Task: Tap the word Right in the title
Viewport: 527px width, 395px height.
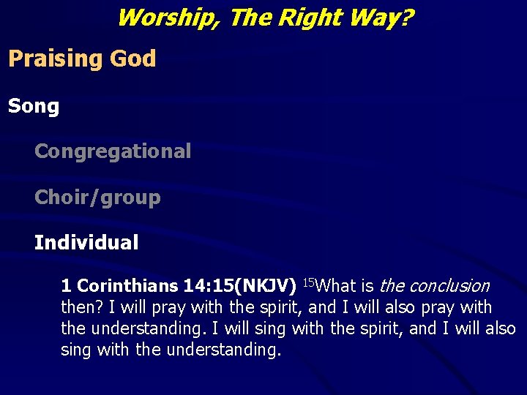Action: (x=307, y=17)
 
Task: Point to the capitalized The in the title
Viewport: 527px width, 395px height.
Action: (x=250, y=17)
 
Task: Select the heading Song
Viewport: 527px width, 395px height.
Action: (x=34, y=107)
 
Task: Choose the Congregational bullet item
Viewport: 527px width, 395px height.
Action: (x=113, y=152)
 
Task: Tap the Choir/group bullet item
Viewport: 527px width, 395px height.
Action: (x=97, y=197)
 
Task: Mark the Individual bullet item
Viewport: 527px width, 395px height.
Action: (x=86, y=243)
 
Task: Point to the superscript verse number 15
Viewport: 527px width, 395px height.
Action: (x=308, y=282)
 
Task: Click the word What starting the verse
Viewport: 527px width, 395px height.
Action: (x=335, y=286)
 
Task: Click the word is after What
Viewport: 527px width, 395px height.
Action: (x=367, y=286)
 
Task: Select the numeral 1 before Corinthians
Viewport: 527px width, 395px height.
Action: (x=66, y=286)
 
